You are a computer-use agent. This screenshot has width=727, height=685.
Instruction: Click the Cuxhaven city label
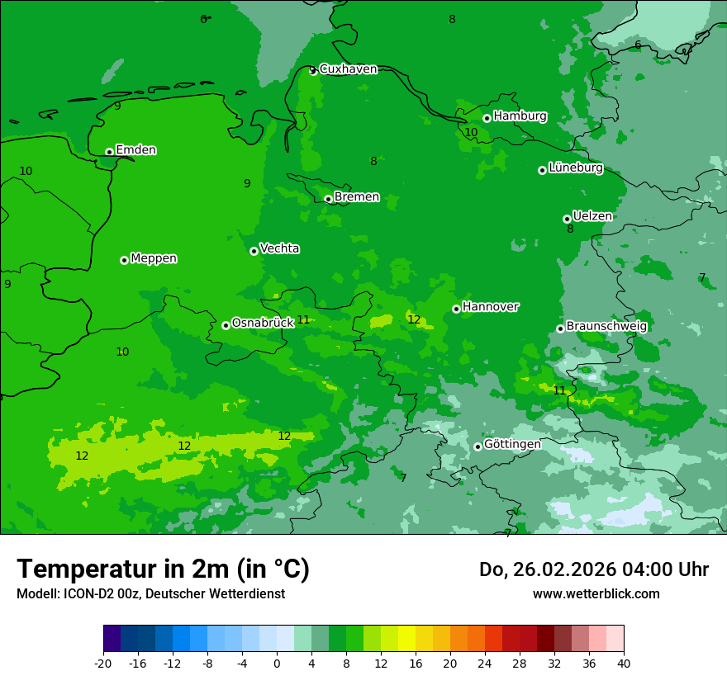348,69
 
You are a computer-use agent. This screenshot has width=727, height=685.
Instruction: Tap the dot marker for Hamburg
487,118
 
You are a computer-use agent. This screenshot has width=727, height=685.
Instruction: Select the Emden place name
135,150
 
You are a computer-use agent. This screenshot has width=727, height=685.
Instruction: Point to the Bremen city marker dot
328,199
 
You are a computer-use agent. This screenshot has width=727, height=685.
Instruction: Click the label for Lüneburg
575,168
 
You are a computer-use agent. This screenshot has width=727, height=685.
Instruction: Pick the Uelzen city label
592,217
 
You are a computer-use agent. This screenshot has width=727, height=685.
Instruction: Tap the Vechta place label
279,249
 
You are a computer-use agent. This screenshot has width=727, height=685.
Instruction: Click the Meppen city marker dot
124,260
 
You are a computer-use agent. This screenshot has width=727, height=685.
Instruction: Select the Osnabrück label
263,324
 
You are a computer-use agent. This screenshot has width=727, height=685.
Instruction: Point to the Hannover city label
490,307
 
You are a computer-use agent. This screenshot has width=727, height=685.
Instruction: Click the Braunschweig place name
606,327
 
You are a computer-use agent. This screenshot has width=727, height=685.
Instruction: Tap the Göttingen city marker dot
478,446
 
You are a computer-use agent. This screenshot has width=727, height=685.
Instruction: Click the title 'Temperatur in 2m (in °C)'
163,569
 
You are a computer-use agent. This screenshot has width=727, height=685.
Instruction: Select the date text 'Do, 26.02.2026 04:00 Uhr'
593,569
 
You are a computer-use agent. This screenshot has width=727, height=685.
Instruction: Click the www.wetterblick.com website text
596,594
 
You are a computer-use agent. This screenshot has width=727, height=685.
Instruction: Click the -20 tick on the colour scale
103,663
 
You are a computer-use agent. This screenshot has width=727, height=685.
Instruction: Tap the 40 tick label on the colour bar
623,663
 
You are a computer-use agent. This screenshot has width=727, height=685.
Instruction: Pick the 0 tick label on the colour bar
277,663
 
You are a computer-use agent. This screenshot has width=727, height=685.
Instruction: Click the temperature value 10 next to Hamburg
471,133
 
